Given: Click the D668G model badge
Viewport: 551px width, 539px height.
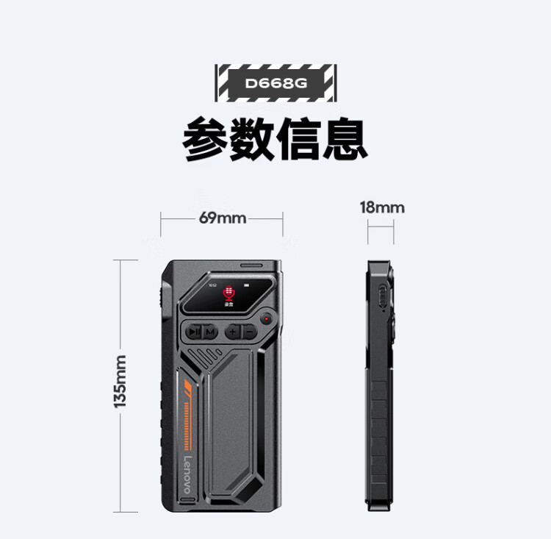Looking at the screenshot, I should coord(275,82).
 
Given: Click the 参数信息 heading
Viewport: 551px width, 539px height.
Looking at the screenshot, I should coord(275,138).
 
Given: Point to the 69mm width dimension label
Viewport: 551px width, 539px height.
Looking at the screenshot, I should coord(222,218).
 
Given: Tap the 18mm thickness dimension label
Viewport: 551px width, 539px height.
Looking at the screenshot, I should coord(381,207).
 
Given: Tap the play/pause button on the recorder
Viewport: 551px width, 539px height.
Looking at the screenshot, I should coord(193,332).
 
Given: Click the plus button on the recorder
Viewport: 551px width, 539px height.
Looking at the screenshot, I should coord(232,332).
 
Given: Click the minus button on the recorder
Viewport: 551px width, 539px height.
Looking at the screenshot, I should coord(249,332).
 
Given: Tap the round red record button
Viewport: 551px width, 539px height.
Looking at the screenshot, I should coord(266,320).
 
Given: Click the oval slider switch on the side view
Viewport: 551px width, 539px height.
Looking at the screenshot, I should coord(381,299).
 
